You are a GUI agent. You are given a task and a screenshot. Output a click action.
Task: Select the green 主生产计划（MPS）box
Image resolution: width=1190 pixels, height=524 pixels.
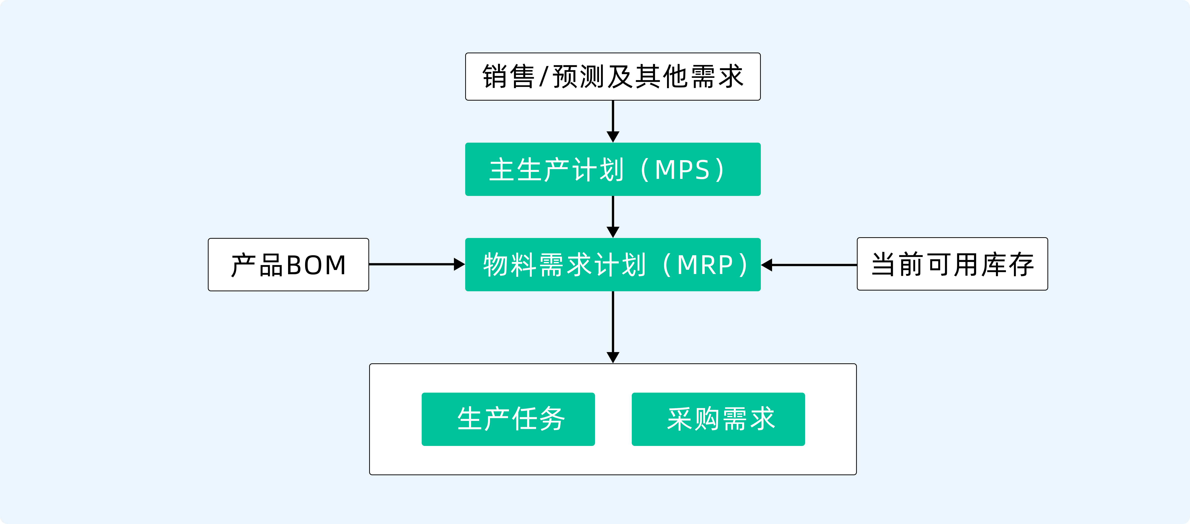coord(613,169)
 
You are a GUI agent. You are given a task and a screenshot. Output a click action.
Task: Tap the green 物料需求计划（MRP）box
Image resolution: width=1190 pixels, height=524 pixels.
coord(613,264)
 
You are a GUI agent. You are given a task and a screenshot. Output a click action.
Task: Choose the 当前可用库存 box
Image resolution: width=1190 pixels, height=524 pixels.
coord(952,264)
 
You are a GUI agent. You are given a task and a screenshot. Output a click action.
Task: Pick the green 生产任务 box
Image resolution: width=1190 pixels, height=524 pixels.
coord(508,419)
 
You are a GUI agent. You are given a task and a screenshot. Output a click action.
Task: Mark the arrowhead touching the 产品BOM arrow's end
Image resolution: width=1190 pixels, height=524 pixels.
coord(459,264)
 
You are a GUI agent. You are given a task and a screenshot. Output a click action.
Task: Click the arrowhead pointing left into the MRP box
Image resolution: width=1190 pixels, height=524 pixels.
coord(767,265)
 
